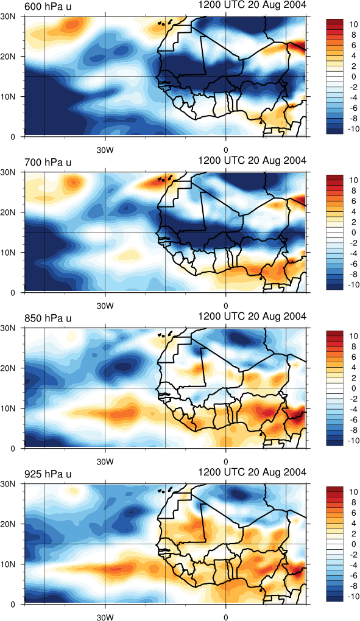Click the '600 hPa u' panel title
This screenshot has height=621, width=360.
click(x=48, y=6)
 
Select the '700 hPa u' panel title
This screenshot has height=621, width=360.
click(x=48, y=162)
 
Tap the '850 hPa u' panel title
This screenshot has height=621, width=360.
click(x=48, y=318)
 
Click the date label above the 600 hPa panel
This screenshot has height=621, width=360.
click(x=252, y=5)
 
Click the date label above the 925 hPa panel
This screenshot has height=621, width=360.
click(x=252, y=472)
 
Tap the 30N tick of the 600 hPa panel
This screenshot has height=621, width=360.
click(x=8, y=16)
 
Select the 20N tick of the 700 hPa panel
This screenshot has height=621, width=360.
click(x=8, y=212)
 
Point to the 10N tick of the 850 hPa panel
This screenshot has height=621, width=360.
click(x=8, y=408)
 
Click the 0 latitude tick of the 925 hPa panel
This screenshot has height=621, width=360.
click(x=13, y=604)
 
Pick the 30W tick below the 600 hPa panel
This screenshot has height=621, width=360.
click(x=105, y=150)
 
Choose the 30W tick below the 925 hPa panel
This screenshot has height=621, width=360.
click(x=105, y=617)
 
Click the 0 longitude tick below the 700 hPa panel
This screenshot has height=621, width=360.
click(x=226, y=306)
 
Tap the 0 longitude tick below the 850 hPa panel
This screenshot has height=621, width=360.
click(x=226, y=461)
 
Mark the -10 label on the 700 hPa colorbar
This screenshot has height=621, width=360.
click(x=351, y=284)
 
